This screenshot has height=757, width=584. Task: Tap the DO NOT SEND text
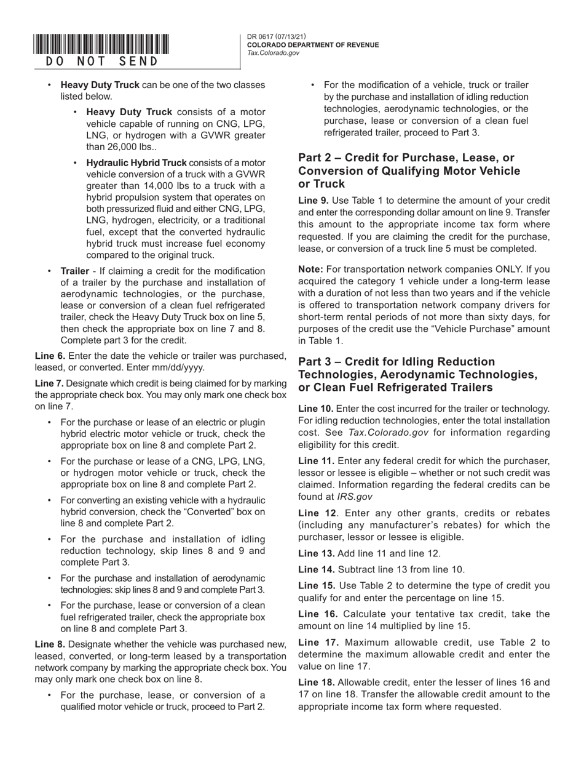[x=101, y=62]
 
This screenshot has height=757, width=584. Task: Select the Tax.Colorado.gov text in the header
[x=273, y=53]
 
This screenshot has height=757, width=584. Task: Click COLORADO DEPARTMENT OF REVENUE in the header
[x=313, y=45]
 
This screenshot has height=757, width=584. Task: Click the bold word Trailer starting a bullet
[x=74, y=271]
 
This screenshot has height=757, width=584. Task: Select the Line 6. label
[x=50, y=356]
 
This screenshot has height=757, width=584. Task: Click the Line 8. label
[x=50, y=644]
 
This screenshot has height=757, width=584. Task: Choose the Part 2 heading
[x=409, y=170]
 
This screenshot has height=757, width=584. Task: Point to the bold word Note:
[x=310, y=269]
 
